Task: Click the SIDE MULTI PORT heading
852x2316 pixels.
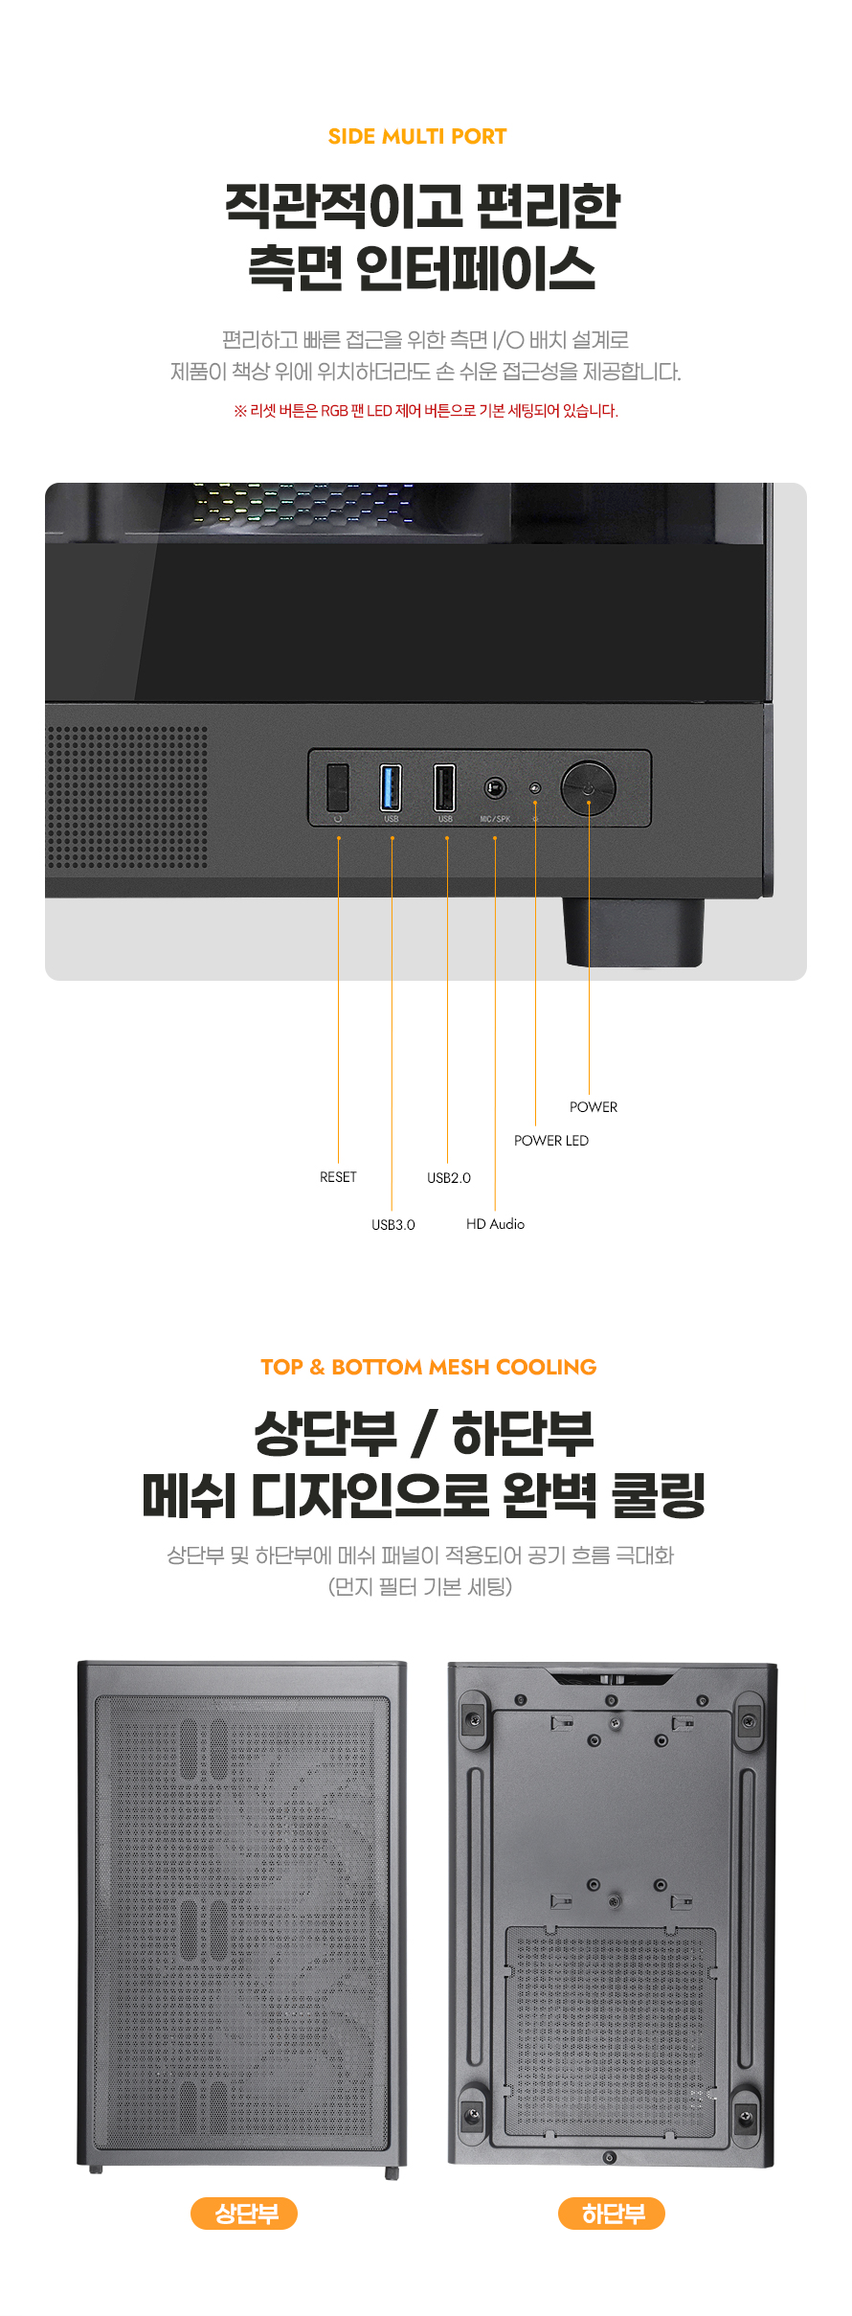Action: pyautogui.click(x=417, y=136)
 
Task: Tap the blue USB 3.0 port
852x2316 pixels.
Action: pyautogui.click(x=391, y=787)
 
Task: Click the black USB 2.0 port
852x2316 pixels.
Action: pyautogui.click(x=444, y=787)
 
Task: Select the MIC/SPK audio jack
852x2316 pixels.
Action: pyautogui.click(x=495, y=788)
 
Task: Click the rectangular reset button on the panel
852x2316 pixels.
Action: pyautogui.click(x=337, y=786)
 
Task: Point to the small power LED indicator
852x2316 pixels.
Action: pyautogui.click(x=535, y=787)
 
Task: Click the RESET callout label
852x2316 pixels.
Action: pyautogui.click(x=338, y=1177)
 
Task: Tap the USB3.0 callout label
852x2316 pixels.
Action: pyautogui.click(x=393, y=1225)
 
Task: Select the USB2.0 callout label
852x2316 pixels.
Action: pyautogui.click(x=449, y=1178)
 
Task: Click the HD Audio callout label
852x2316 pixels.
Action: pyautogui.click(x=495, y=1224)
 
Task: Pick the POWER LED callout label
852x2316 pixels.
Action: pyautogui.click(x=551, y=1141)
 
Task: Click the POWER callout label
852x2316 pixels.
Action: pyautogui.click(x=594, y=1107)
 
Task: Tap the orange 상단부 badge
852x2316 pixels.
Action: pyautogui.click(x=244, y=2214)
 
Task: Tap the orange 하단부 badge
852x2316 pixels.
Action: pyautogui.click(x=612, y=2214)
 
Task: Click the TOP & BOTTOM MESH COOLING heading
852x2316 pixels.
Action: pyautogui.click(x=428, y=1367)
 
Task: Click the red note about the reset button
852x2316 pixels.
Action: pyautogui.click(x=426, y=411)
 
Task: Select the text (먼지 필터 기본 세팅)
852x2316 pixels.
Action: pyautogui.click(x=420, y=1587)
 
